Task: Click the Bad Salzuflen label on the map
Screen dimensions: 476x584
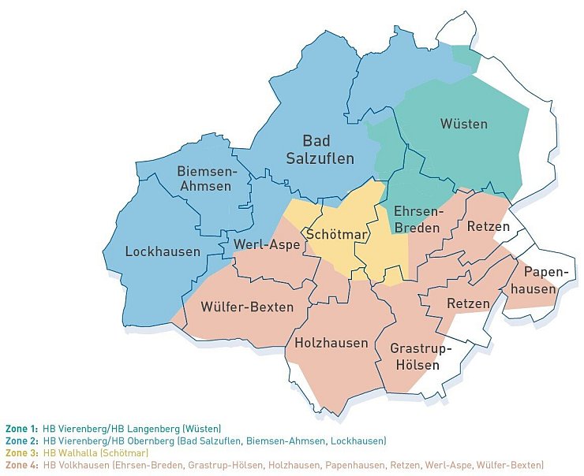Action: [x=319, y=150]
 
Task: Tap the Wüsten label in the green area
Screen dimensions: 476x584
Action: [x=463, y=124]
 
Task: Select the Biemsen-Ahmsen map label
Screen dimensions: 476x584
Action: [x=205, y=179]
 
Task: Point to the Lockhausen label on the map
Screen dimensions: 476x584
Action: [x=163, y=252]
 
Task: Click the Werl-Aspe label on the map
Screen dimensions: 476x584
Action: [x=266, y=245]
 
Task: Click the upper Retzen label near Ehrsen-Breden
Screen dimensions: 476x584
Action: [x=489, y=227]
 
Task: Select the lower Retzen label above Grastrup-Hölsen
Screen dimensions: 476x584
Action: [x=468, y=303]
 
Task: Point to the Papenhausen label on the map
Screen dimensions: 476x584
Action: [x=540, y=281]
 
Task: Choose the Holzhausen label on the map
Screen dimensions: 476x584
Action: [x=331, y=343]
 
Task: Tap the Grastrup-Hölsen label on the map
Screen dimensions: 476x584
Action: [x=420, y=355]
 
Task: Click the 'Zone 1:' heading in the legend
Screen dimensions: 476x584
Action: [x=21, y=428]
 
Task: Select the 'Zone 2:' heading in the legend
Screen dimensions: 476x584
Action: [x=21, y=441]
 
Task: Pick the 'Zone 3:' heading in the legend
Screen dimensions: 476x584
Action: [x=21, y=453]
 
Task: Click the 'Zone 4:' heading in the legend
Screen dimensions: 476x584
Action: [x=21, y=466]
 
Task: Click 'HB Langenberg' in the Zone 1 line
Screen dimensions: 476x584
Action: [x=134, y=428]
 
